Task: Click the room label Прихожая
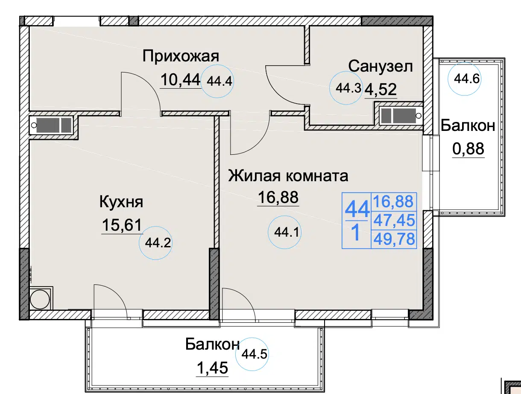point(181,56)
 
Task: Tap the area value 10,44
point(180,80)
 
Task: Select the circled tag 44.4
point(217,81)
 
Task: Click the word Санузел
point(381,67)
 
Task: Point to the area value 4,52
point(381,89)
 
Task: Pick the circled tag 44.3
point(346,88)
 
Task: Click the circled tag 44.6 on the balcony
point(465,79)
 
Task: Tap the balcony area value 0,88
point(468,149)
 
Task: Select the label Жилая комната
point(288,176)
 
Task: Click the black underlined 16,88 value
point(278,197)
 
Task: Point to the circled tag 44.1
point(284,232)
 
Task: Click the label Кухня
point(121,202)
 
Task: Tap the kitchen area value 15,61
point(122,225)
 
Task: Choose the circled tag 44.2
point(155,243)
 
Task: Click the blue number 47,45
point(394,220)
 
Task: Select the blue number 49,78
point(394,239)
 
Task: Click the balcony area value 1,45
point(212,368)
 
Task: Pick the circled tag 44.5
point(252,354)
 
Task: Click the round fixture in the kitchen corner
point(40,300)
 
